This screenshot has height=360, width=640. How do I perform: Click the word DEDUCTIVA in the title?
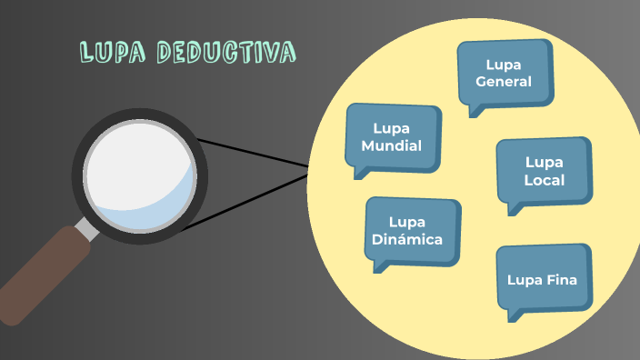(225, 53)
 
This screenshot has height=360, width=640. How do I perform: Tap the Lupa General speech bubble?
(505, 73)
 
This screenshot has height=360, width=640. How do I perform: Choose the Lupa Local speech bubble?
(544, 171)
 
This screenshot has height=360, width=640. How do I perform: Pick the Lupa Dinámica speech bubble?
(412, 231)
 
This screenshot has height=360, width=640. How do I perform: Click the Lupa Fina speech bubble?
(542, 279)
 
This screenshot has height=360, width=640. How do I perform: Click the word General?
(504, 82)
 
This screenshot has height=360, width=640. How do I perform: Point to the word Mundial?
(392, 145)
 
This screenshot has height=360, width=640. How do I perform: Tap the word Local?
(544, 180)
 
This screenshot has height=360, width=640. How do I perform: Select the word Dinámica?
(407, 240)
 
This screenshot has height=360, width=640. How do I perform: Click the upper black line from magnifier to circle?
(255, 153)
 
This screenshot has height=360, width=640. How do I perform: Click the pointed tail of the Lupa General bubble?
(475, 110)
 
